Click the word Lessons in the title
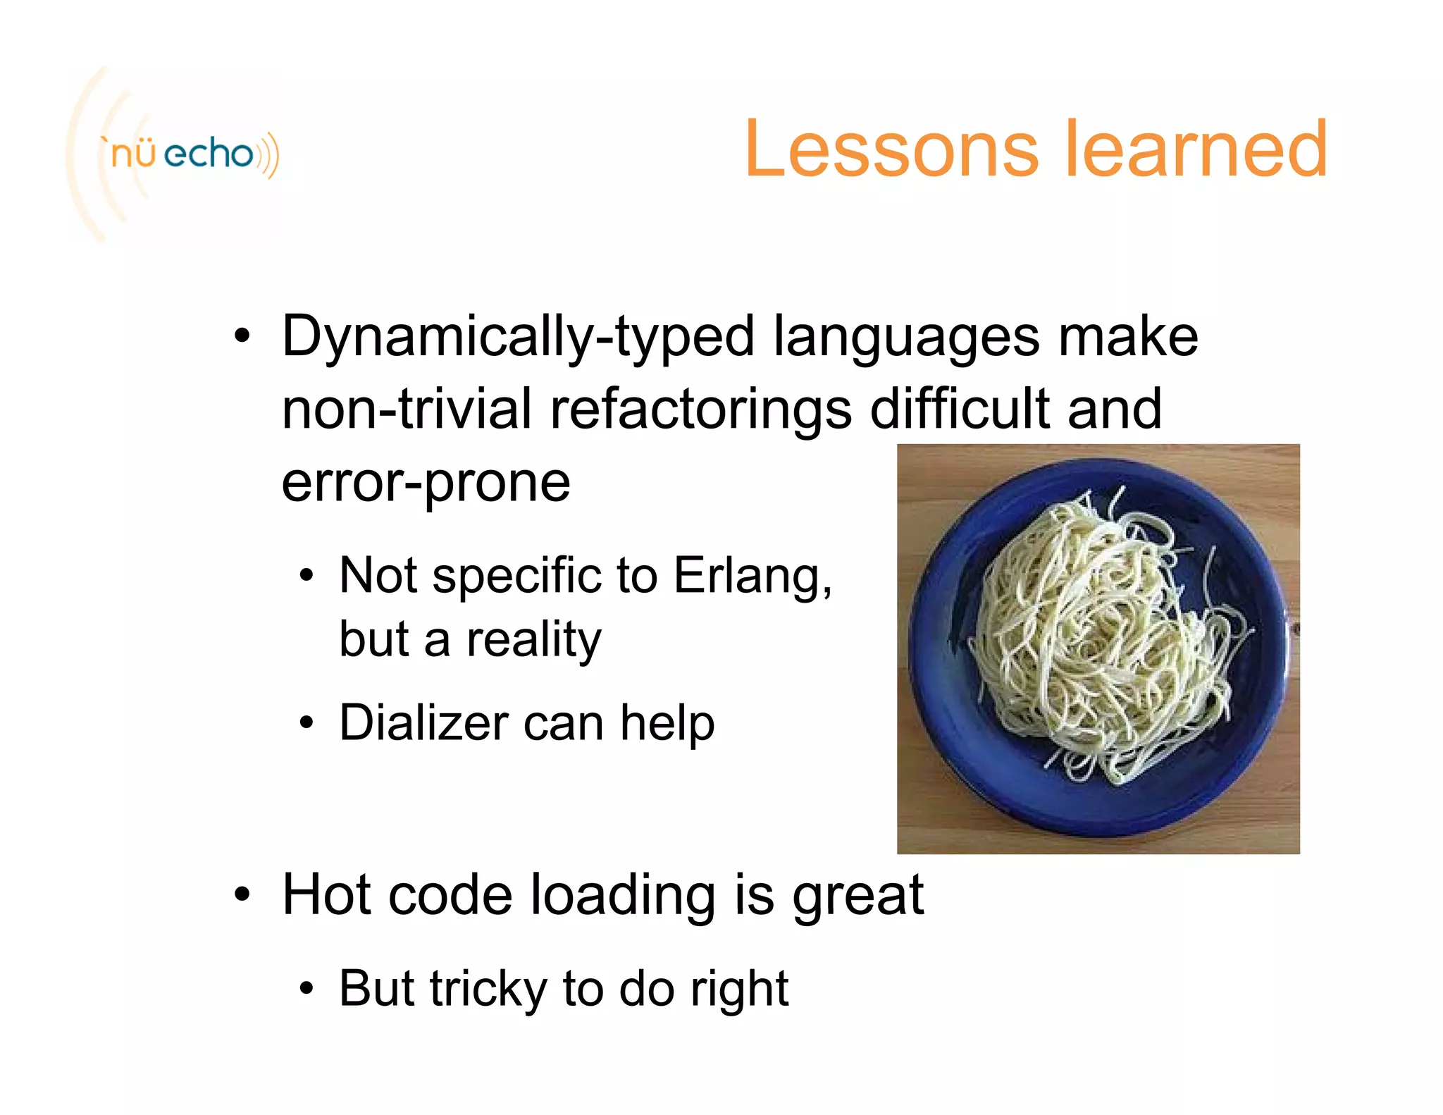[891, 149]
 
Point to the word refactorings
[700, 410]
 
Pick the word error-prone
[426, 483]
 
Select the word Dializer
[423, 723]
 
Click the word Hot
[326, 895]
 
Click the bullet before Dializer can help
[306, 723]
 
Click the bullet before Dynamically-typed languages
[242, 337]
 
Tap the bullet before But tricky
[306, 989]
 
